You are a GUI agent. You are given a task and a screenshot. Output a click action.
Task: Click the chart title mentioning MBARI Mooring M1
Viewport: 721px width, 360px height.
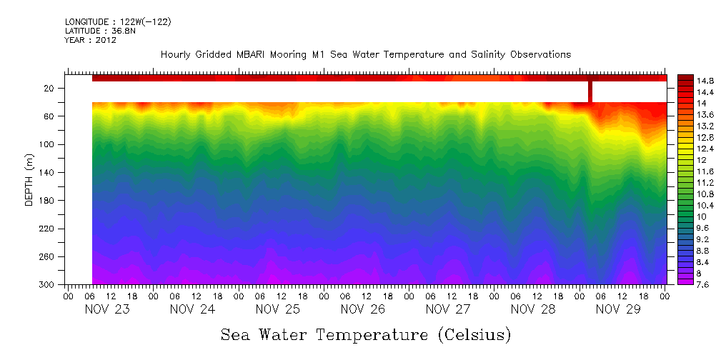click(x=365, y=54)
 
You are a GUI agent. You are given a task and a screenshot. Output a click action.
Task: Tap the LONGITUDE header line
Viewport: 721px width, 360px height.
click(x=117, y=22)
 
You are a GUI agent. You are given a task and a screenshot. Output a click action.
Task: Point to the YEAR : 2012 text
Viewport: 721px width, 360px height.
click(x=90, y=41)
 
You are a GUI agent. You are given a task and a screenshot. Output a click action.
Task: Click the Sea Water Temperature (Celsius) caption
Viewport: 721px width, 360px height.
click(x=365, y=334)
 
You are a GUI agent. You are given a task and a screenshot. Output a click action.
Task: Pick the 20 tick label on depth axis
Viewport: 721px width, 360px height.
click(x=49, y=89)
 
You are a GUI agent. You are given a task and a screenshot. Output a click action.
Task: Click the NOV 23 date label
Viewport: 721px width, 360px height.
click(x=106, y=310)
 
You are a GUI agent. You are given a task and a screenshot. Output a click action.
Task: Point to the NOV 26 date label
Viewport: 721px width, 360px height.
click(x=362, y=310)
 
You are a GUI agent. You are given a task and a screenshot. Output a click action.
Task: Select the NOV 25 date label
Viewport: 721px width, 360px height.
click(x=277, y=310)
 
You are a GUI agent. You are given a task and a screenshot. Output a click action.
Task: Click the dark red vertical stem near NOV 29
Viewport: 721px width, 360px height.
click(x=590, y=91)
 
